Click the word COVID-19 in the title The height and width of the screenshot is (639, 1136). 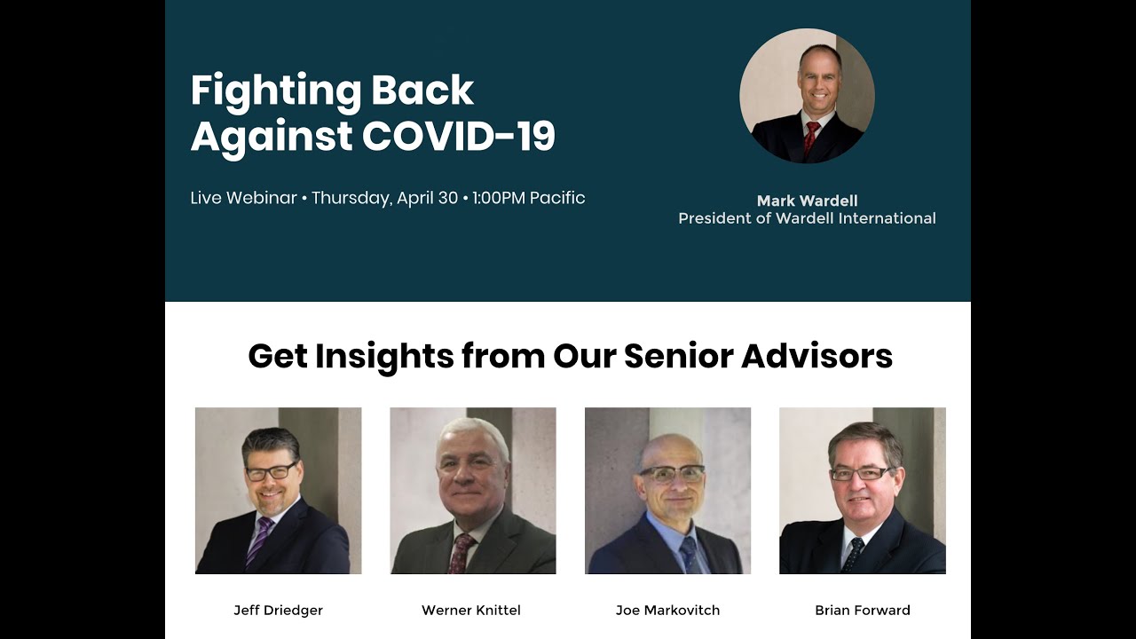458,136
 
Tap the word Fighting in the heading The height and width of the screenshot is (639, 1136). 276,91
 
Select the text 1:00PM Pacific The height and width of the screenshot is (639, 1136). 529,198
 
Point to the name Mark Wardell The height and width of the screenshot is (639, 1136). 807,201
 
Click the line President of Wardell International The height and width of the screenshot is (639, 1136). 807,218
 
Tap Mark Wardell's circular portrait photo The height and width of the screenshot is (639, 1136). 807,96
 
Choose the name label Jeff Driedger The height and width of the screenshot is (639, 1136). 278,610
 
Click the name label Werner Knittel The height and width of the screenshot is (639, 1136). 471,610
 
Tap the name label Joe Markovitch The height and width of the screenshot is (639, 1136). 667,610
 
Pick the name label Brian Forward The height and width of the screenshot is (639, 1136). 863,610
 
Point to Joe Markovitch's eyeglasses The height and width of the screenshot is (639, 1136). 672,473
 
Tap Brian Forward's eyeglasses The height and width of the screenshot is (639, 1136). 860,474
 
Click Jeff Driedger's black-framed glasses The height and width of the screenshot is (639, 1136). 271,471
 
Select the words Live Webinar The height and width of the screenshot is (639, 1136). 243,198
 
